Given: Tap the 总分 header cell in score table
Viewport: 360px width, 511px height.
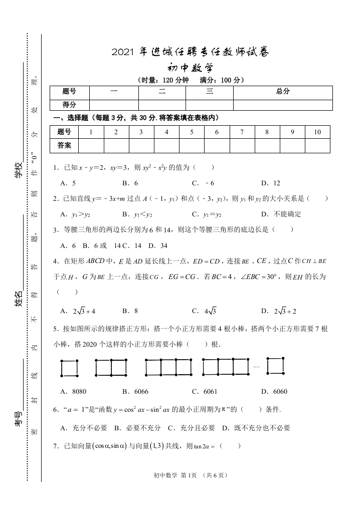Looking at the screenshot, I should pyautogui.click(x=283, y=92).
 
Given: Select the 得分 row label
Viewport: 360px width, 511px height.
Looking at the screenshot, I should pyautogui.click(x=69, y=105).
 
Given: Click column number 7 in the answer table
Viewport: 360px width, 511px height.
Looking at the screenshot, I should pyautogui.click(x=242, y=132).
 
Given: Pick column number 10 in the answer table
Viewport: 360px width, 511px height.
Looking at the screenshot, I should pyautogui.click(x=317, y=132).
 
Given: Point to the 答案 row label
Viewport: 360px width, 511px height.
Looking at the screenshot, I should pyautogui.click(x=65, y=145).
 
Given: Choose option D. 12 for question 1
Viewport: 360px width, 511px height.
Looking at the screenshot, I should pyautogui.click(x=271, y=183).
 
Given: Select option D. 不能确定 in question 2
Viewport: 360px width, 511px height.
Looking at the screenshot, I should pyautogui.click(x=281, y=214).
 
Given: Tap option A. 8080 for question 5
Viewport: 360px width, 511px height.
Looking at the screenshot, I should pyautogui.click(x=73, y=391).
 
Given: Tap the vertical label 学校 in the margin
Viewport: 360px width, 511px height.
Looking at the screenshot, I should pyautogui.click(x=18, y=170).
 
